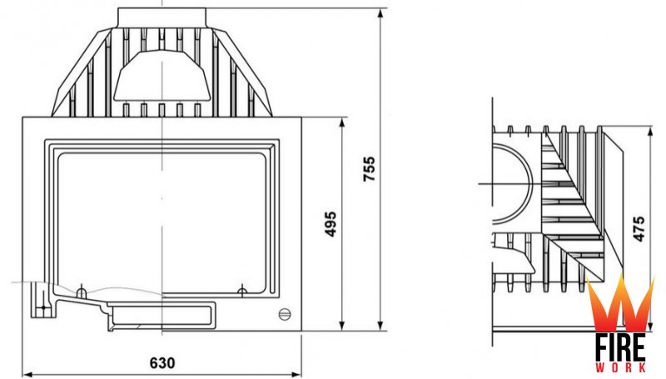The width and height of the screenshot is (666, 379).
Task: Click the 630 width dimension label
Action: coord(162,363)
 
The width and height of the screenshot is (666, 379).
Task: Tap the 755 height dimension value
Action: coord(370,169)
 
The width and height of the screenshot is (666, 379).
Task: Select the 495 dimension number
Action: coord(331,224)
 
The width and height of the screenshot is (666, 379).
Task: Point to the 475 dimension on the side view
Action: coord(639,229)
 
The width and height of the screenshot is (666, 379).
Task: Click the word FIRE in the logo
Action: coord(620,347)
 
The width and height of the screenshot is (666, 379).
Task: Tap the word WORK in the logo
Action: coord(620,367)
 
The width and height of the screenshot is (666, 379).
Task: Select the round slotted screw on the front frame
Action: coord(285,314)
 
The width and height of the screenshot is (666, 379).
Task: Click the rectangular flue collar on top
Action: coord(162,17)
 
